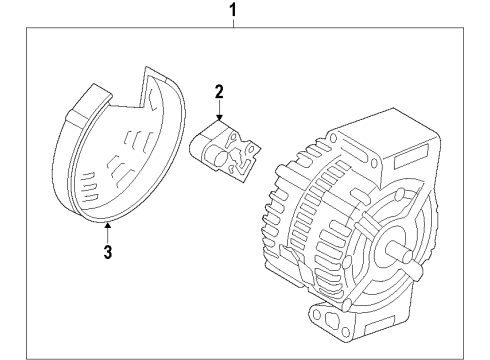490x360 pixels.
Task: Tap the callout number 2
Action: pos(219,93)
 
